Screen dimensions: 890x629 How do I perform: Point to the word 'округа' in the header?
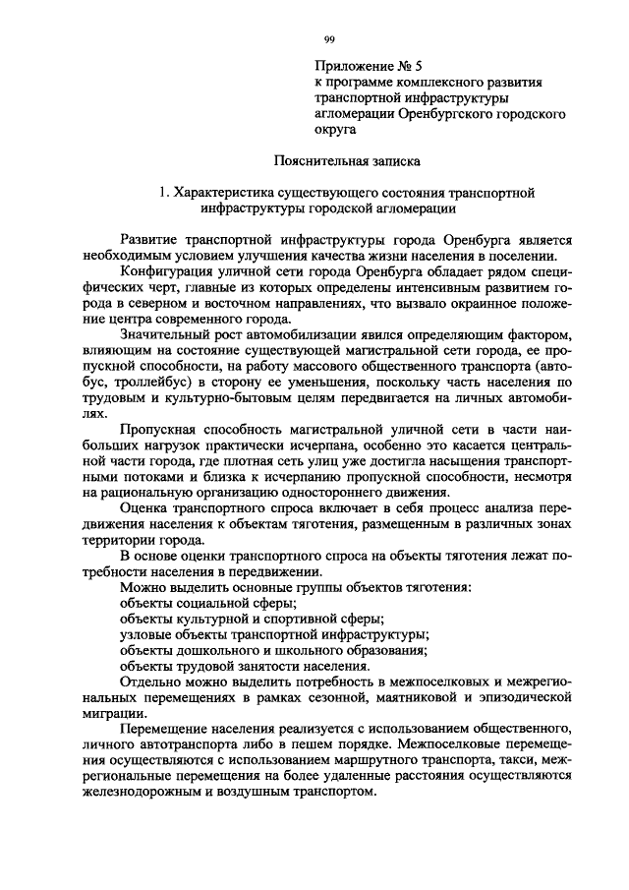click(x=333, y=130)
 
